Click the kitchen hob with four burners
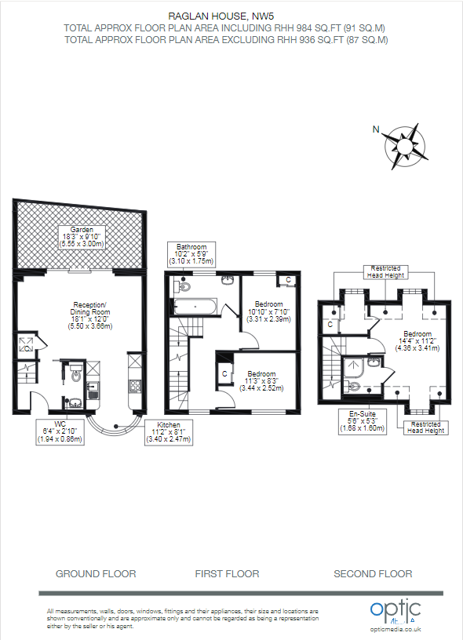[x=133, y=385]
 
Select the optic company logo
[x=396, y=609]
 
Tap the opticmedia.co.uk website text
[x=396, y=629]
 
